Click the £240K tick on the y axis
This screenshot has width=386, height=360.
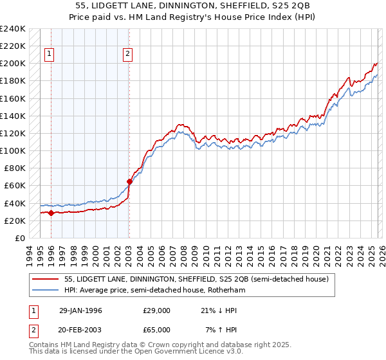[13, 29]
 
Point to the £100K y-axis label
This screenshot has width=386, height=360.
[13, 150]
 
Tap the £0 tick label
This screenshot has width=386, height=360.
[20, 238]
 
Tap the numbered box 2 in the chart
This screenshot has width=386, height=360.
[129, 55]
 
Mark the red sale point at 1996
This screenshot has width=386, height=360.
[51, 213]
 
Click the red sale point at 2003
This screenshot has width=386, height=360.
[129, 181]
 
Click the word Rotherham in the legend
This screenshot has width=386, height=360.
[226, 290]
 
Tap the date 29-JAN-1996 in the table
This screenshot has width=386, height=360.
[80, 310]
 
